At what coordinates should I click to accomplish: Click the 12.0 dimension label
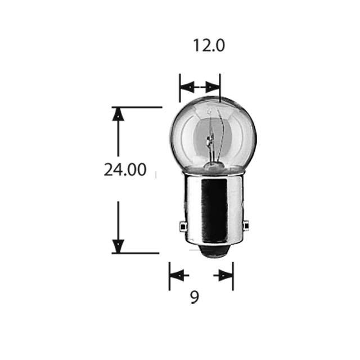pyautogui.click(x=209, y=45)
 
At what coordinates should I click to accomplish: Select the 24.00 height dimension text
pyautogui.click(x=125, y=169)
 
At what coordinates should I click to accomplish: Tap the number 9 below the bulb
pyautogui.click(x=195, y=297)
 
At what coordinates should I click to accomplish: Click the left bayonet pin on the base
pyautogui.click(x=183, y=226)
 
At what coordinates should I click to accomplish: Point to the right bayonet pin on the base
pyautogui.click(x=246, y=226)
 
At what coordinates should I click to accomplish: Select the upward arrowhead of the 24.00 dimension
pyautogui.click(x=118, y=114)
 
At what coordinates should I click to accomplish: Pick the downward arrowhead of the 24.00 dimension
pyautogui.click(x=118, y=246)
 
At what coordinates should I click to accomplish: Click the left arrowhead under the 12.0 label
pyautogui.click(x=187, y=87)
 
